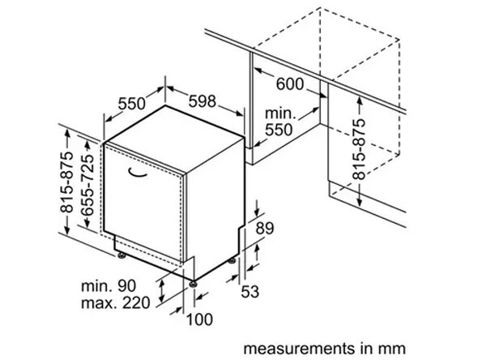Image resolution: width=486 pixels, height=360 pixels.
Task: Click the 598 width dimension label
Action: [x=203, y=101]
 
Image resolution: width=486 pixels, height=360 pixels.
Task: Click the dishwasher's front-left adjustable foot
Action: [x=122, y=256]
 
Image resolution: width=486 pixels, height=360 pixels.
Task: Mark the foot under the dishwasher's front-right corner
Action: [x=195, y=281]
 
